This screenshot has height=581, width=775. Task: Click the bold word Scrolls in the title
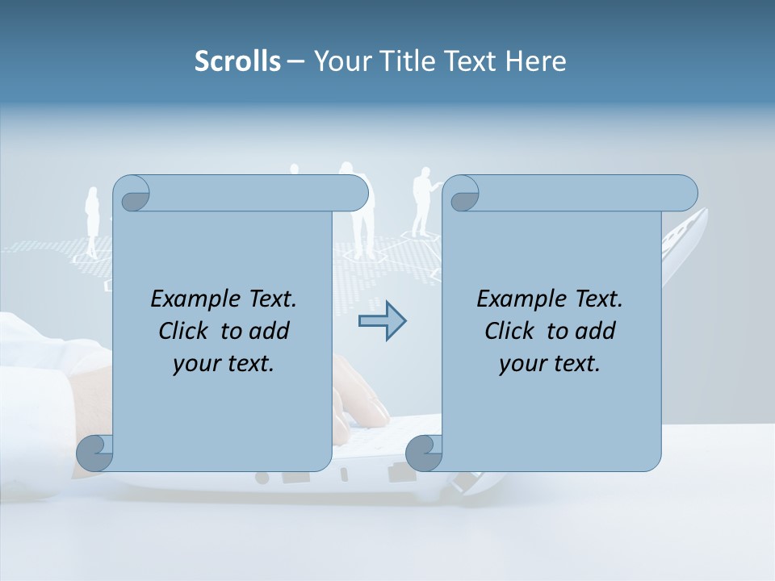point(237,61)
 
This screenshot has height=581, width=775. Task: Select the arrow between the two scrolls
point(382,321)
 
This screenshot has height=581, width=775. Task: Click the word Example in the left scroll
point(192,299)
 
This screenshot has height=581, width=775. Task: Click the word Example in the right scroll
point(518,299)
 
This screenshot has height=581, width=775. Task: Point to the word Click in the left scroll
point(183,331)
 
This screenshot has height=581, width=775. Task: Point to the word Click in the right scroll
point(509,331)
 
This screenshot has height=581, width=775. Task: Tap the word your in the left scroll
point(195,364)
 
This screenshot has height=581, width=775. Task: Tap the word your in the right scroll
point(522,364)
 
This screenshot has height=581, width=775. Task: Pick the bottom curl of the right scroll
point(423,453)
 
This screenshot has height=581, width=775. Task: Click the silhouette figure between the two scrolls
point(421,200)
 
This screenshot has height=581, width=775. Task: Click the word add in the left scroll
point(270,331)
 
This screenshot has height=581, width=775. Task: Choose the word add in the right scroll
point(597,331)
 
